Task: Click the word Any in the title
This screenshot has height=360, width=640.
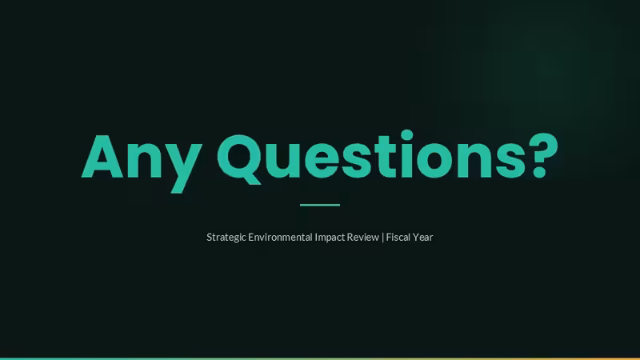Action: click(x=142, y=163)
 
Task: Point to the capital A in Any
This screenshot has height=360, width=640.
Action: click(x=102, y=156)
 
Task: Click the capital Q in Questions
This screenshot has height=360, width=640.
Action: click(x=238, y=159)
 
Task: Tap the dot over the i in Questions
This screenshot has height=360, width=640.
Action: click(x=406, y=135)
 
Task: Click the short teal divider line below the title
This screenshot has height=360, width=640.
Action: click(x=320, y=205)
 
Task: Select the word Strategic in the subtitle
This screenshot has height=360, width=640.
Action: click(x=226, y=238)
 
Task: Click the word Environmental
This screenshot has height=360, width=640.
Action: click(x=280, y=237)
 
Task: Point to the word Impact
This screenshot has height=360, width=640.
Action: click(x=330, y=238)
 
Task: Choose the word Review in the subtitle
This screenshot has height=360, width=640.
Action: click(x=363, y=237)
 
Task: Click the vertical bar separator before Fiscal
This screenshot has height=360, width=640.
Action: click(x=383, y=238)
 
